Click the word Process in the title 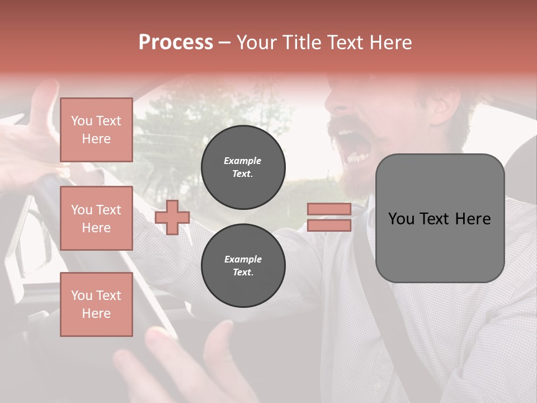tap(176, 43)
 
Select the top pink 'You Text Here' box tap(96, 130)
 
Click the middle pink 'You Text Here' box tap(96, 218)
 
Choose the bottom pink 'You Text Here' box tap(96, 304)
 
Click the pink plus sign tap(172, 217)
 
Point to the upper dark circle tap(243, 167)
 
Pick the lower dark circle tap(243, 265)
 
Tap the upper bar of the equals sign tap(329, 209)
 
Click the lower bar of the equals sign tap(329, 226)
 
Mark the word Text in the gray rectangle tap(440, 219)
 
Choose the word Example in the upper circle tap(242, 161)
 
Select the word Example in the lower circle tap(243, 259)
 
